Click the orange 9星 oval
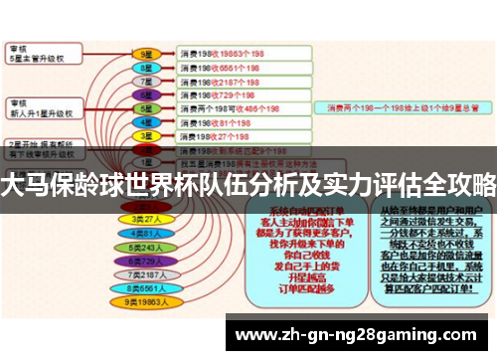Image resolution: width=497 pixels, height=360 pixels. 146,53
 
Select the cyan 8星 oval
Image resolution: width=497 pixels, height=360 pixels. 146,67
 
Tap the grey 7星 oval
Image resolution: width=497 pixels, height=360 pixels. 146,81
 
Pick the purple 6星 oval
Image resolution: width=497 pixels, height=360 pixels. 146,94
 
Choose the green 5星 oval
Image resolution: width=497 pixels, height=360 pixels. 146,108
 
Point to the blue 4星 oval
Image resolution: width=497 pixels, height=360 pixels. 146,122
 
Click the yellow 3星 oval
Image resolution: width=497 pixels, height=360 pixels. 146,136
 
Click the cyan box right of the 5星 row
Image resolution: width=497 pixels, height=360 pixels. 403,107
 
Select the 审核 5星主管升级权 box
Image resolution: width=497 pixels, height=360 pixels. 45,53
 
